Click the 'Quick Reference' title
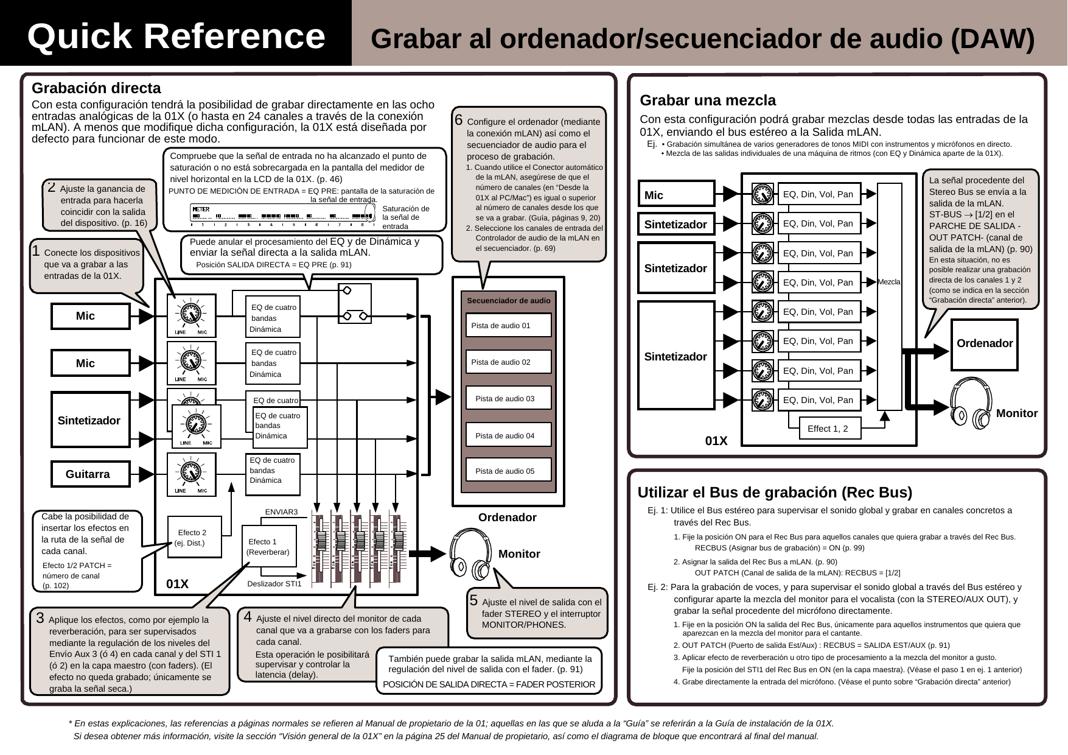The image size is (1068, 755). point(176,36)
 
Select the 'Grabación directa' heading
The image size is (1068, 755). point(96,88)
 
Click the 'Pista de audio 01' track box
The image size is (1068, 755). point(508,325)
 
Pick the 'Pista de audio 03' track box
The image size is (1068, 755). point(508,398)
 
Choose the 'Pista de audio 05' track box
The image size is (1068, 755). point(508,471)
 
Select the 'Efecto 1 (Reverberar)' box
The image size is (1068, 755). point(268,546)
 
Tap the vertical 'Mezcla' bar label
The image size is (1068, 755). point(889,282)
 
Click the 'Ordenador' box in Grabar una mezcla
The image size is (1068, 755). point(984,343)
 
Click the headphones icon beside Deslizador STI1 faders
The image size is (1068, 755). point(470,555)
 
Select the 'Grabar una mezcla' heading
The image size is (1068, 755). point(708,100)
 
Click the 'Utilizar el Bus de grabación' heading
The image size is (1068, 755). point(775,492)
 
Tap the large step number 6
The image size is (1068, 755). point(459,120)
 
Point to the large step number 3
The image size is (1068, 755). point(40,618)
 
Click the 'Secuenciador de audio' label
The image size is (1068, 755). point(508,300)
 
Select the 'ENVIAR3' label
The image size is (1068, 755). point(281,512)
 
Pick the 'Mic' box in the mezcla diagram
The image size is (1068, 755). point(676,195)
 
